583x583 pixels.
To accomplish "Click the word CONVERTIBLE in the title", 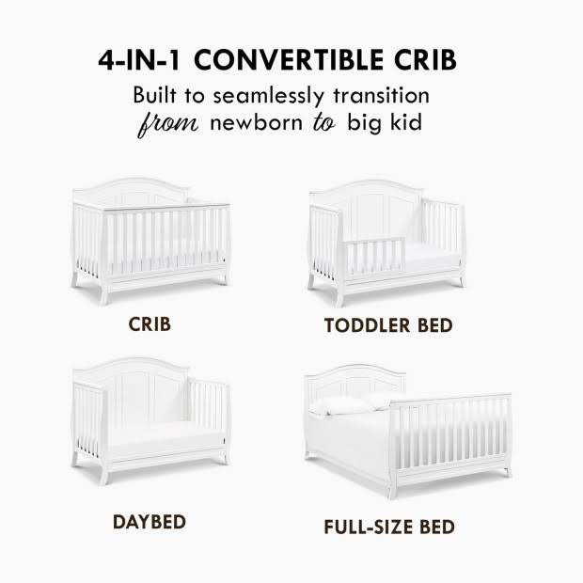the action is pyautogui.click(x=289, y=60).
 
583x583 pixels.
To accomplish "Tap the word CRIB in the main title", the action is pyautogui.click(x=425, y=60).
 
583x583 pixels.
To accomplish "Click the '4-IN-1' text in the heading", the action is pyautogui.click(x=139, y=60).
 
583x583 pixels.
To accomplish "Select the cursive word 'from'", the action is pyautogui.click(x=168, y=124).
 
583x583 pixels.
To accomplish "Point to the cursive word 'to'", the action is pyautogui.click(x=324, y=122).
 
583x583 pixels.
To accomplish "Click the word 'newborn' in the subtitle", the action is pyautogui.click(x=256, y=122).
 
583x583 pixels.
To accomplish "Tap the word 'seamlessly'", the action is pyautogui.click(x=268, y=96).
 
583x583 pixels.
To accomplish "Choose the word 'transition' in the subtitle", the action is pyautogui.click(x=382, y=95).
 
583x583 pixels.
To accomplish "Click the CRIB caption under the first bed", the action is pyautogui.click(x=150, y=324).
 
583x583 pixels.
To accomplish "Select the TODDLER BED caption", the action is pyautogui.click(x=388, y=325).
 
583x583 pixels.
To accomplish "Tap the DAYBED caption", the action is pyautogui.click(x=150, y=522).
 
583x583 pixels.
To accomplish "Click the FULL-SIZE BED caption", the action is pyautogui.click(x=389, y=527).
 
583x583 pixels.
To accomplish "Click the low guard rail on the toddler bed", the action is pyautogui.click(x=373, y=258).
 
